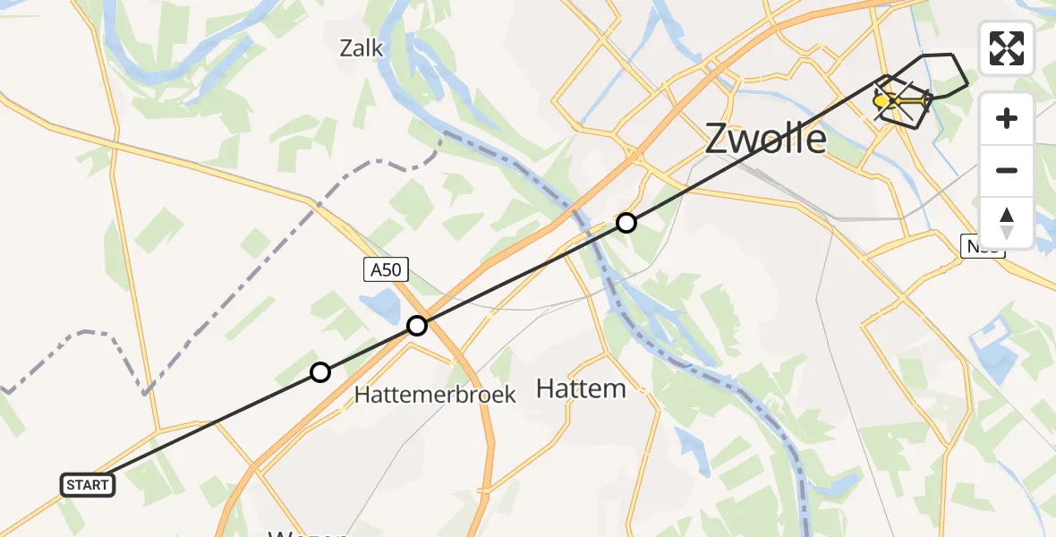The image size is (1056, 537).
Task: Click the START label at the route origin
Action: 88,485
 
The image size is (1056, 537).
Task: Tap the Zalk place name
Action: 362,48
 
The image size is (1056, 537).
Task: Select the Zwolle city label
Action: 765,140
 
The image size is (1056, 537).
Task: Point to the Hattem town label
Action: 581,388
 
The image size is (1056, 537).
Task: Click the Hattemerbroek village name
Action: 435,394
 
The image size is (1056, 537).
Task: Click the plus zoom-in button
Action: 1007,118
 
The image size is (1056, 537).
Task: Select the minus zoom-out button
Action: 1007,170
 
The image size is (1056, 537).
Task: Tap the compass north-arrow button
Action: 1007,222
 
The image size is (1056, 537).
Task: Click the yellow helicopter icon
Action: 902,102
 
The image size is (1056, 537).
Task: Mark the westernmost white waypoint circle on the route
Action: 319,371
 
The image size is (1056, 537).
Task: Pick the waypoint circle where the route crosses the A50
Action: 417,326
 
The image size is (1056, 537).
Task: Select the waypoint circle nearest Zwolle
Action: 626,223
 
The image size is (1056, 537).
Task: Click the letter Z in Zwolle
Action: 721,140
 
